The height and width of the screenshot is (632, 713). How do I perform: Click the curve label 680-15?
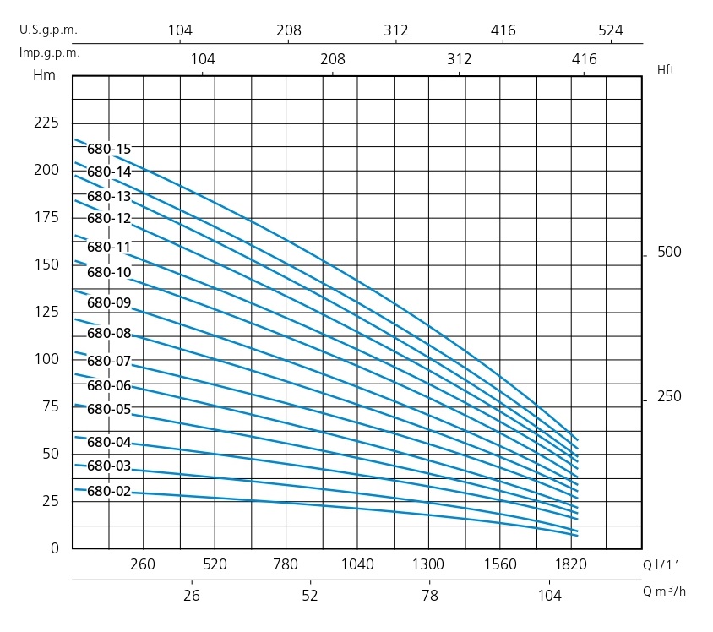[109, 150]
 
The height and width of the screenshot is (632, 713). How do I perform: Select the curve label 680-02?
[109, 491]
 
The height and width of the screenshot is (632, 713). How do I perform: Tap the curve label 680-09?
[109, 303]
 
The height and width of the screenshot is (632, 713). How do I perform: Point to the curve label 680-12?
[109, 218]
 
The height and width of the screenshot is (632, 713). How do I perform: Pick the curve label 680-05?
[109, 410]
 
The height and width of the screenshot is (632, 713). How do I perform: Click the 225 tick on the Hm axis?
[46, 123]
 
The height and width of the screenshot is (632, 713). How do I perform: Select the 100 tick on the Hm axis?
[46, 359]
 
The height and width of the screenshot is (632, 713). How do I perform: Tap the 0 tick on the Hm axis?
[55, 548]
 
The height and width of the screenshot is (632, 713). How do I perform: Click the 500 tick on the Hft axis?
[668, 253]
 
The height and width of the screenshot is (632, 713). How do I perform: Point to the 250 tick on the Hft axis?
[668, 397]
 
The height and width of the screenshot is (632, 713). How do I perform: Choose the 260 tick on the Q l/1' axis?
[144, 565]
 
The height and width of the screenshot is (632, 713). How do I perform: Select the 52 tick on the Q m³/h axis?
[310, 596]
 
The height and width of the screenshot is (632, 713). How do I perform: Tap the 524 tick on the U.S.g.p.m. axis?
[610, 30]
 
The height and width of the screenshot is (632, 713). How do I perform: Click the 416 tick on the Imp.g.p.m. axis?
[584, 59]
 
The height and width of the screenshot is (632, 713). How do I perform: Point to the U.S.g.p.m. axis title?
[48, 30]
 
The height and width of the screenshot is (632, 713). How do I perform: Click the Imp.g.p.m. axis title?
[50, 52]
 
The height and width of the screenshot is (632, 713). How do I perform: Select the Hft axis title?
[666, 71]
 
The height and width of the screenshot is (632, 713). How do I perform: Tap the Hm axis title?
[43, 74]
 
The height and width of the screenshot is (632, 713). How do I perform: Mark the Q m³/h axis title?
[665, 591]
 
